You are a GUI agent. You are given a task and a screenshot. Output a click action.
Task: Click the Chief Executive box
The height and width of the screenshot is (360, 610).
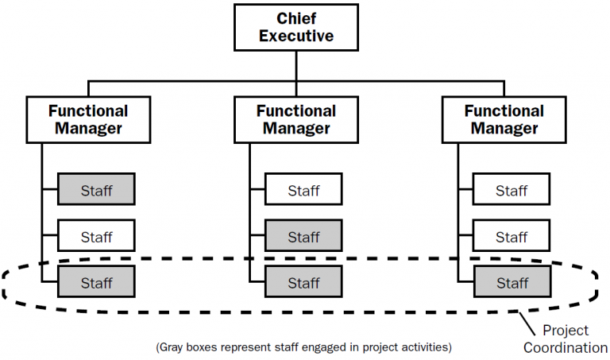[295, 27]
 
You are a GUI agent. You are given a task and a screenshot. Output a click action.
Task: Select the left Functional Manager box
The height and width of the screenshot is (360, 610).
[87, 119]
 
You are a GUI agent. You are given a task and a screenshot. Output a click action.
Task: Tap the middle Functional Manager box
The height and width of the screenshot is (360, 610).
[295, 119]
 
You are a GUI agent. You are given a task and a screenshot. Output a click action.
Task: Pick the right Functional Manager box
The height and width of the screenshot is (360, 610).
[504, 119]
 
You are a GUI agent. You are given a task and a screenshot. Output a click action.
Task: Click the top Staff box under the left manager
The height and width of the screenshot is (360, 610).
[96, 190]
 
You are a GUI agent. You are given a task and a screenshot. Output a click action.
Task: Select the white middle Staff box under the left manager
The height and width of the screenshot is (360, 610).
[96, 236]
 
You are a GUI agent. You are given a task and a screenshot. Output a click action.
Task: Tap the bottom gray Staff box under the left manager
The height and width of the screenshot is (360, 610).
[96, 282]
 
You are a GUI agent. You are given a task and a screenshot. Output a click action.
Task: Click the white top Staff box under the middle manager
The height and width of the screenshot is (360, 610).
[303, 190]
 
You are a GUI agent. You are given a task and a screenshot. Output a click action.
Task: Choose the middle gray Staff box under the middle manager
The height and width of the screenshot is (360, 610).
[303, 236]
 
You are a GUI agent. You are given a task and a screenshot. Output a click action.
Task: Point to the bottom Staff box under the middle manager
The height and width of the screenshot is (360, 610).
[303, 282]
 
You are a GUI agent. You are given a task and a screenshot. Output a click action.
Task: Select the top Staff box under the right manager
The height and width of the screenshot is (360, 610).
[512, 190]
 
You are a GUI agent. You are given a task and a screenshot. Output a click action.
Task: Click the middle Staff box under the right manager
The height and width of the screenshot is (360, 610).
[512, 236]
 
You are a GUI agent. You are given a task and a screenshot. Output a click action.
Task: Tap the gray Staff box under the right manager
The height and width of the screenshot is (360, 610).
[512, 282]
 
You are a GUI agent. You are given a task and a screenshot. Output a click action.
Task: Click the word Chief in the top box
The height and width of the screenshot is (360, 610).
[295, 17]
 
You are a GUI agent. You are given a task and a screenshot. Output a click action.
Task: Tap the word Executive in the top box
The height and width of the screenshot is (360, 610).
[295, 36]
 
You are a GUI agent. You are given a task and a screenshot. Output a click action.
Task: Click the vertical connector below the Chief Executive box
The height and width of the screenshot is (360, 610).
[295, 65]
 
